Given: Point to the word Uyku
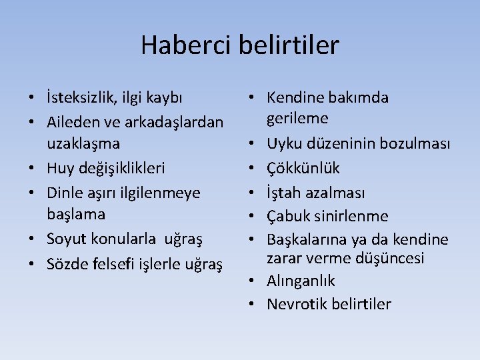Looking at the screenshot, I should click(x=283, y=145).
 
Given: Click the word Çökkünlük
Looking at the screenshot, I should click(x=303, y=168).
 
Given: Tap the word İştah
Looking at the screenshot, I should click(x=283, y=192).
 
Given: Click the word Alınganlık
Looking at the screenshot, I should click(x=301, y=281).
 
